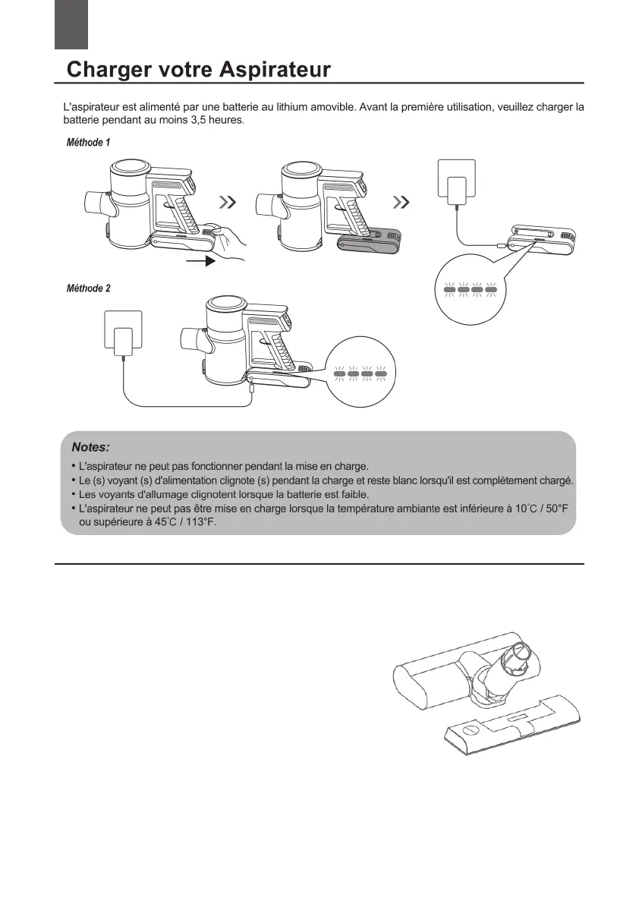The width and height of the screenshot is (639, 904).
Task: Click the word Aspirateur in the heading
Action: coord(275,70)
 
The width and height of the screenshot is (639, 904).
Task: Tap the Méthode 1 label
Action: coord(89,143)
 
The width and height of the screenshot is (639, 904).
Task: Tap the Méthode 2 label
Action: coord(89,288)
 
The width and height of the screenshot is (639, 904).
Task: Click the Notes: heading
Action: coord(90,447)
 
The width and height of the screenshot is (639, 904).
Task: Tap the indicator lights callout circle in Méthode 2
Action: coord(360,373)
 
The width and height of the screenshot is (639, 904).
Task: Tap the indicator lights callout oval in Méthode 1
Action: coord(471,288)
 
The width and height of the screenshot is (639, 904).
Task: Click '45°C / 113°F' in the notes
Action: coord(184,522)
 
